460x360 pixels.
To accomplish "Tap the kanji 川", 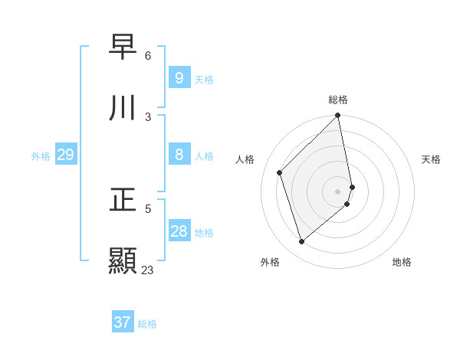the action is click(123, 108).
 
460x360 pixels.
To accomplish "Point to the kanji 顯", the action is click(123, 260).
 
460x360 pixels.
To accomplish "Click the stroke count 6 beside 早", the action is click(148, 56).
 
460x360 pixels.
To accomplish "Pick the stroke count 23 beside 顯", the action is click(148, 270).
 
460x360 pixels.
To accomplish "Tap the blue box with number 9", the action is click(179, 77).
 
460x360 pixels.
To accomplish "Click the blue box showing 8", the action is click(179, 155).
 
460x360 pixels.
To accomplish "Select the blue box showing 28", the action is click(179, 231).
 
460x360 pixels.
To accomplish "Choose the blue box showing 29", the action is click(65, 155).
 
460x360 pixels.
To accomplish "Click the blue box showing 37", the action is click(123, 322).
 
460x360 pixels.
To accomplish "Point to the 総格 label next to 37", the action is click(147, 324).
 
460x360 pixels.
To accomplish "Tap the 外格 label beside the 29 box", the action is click(41, 156).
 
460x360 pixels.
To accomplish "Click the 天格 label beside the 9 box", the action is click(203, 79).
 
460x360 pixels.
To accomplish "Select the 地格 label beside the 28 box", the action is click(204, 233).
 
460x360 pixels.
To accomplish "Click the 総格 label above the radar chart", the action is click(338, 100).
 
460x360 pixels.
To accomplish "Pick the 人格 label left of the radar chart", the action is click(245, 159).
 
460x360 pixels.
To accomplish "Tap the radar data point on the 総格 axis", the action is click(338, 116).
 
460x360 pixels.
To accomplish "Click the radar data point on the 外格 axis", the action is click(301, 242).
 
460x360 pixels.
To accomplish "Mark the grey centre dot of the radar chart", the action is click(338, 191).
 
